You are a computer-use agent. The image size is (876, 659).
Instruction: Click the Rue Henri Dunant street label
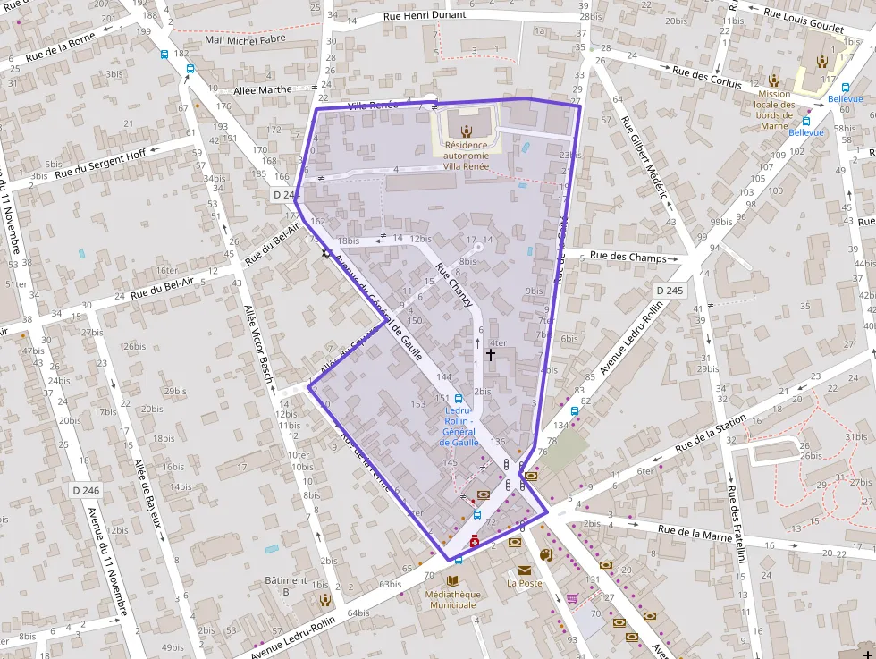point(425,16)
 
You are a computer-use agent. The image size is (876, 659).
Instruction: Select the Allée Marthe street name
point(262,89)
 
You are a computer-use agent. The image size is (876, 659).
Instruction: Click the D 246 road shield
point(86,490)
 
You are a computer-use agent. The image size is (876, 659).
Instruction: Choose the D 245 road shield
point(669,291)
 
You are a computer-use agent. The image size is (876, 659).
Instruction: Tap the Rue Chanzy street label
point(454,285)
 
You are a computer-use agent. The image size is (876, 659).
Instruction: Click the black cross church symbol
point(490,355)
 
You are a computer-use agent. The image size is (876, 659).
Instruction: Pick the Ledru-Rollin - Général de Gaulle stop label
point(459,427)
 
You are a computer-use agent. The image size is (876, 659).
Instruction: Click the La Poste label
point(524,583)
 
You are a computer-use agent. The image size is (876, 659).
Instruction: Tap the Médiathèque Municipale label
point(451,599)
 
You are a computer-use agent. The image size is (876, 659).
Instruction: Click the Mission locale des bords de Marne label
point(774,109)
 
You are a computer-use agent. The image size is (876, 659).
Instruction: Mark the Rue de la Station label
point(711,434)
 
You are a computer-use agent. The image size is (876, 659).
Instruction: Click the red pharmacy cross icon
point(474,541)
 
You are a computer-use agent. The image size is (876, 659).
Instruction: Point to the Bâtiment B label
point(286,586)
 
